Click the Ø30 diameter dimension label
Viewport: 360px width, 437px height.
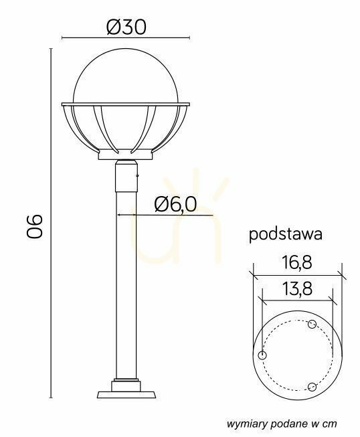click(126, 27)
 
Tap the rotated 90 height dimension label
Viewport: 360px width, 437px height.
click(35, 226)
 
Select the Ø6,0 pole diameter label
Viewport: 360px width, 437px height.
click(175, 204)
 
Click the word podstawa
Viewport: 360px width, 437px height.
click(286, 235)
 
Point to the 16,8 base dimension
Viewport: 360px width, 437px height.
click(296, 262)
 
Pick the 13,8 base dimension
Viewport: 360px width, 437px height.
click(297, 288)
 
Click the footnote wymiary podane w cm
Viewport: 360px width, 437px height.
click(282, 424)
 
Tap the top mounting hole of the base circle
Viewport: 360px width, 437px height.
click(312, 324)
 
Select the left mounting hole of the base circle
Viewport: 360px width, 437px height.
click(262, 355)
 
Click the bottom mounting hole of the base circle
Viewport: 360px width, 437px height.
click(312, 387)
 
